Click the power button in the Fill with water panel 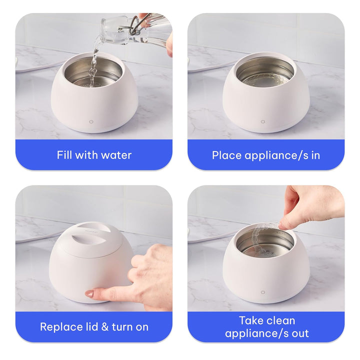coord(91,121)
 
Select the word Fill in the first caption coord(64,155)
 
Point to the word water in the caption coord(116,155)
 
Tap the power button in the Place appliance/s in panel coord(263,121)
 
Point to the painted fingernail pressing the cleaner coord(89,294)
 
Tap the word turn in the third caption coord(122,327)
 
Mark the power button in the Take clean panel coord(263,292)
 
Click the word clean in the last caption coord(280,320)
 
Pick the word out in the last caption coord(299,333)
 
